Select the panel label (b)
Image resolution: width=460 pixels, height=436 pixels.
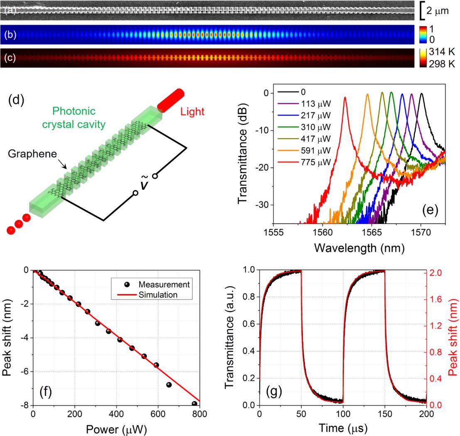[10, 35]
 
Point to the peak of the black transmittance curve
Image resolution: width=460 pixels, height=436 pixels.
[421, 94]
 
